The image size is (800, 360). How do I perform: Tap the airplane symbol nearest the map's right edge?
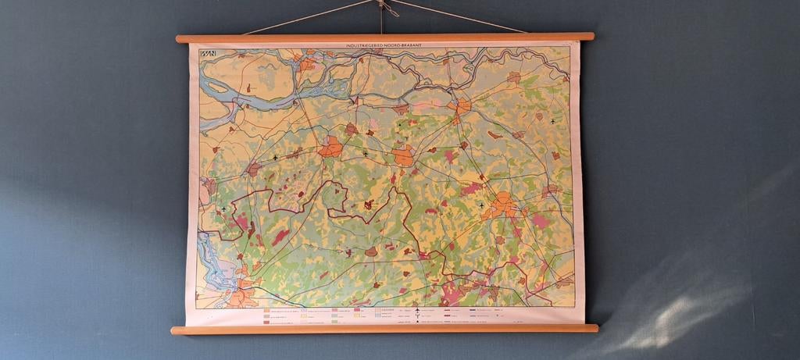(553, 122)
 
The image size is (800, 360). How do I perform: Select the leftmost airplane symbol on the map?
(223, 209)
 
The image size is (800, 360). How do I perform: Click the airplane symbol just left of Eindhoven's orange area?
(480, 205)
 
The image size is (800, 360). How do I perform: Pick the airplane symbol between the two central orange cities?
(365, 154)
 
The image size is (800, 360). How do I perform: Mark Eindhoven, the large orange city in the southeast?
(503, 205)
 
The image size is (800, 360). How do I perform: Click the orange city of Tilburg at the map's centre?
(403, 155)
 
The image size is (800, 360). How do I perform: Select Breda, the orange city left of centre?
(330, 146)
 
